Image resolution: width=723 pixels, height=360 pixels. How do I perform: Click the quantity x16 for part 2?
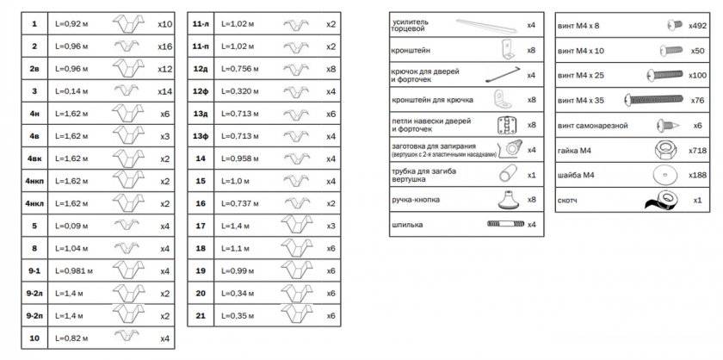pyautogui.click(x=166, y=47)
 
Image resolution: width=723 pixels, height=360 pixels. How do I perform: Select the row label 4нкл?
pyautogui.click(x=35, y=203)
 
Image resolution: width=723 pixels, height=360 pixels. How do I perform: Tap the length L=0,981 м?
pyautogui.click(x=72, y=270)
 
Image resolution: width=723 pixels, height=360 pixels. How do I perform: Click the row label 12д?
pyautogui.click(x=201, y=69)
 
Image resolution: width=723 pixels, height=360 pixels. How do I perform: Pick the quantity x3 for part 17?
pyautogui.click(x=331, y=226)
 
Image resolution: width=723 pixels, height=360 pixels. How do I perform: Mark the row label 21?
pyautogui.click(x=201, y=315)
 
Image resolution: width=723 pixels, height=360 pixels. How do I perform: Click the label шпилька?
pyautogui.click(x=407, y=225)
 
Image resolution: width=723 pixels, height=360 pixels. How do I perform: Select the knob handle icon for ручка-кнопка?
pyautogui.click(x=507, y=200)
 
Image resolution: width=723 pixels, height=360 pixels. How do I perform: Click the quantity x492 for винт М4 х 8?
pyautogui.click(x=697, y=27)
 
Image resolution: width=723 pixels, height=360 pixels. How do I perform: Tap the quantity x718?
pyautogui.click(x=697, y=151)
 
